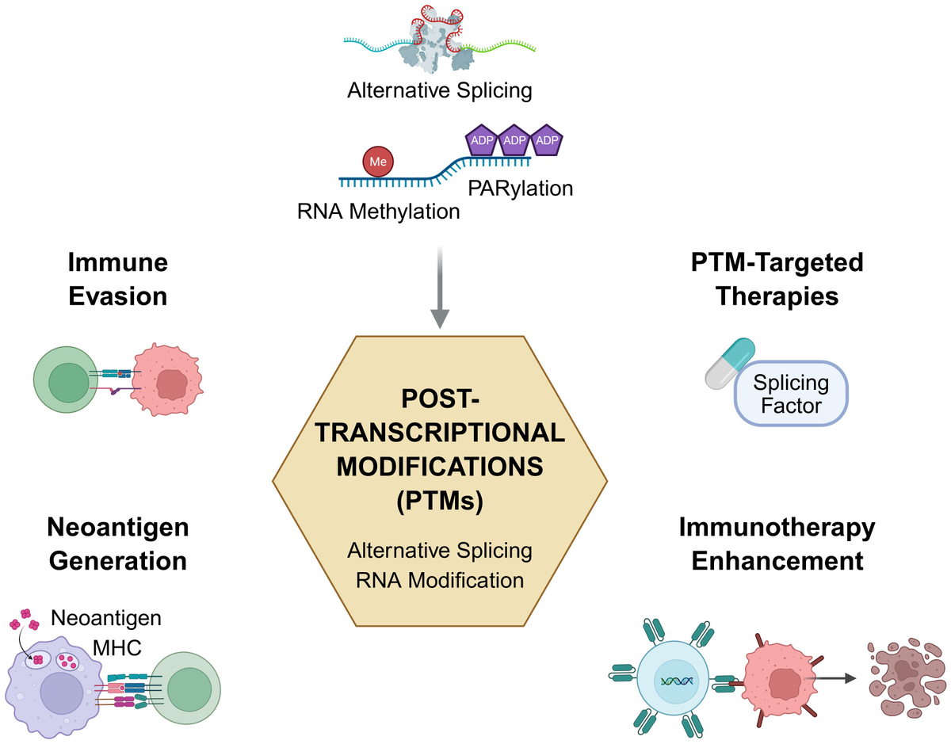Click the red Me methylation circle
377,162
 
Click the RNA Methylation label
378,212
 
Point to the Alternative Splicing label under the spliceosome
440,90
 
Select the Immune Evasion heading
117,279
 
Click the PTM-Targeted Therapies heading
777,279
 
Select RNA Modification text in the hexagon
440,580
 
